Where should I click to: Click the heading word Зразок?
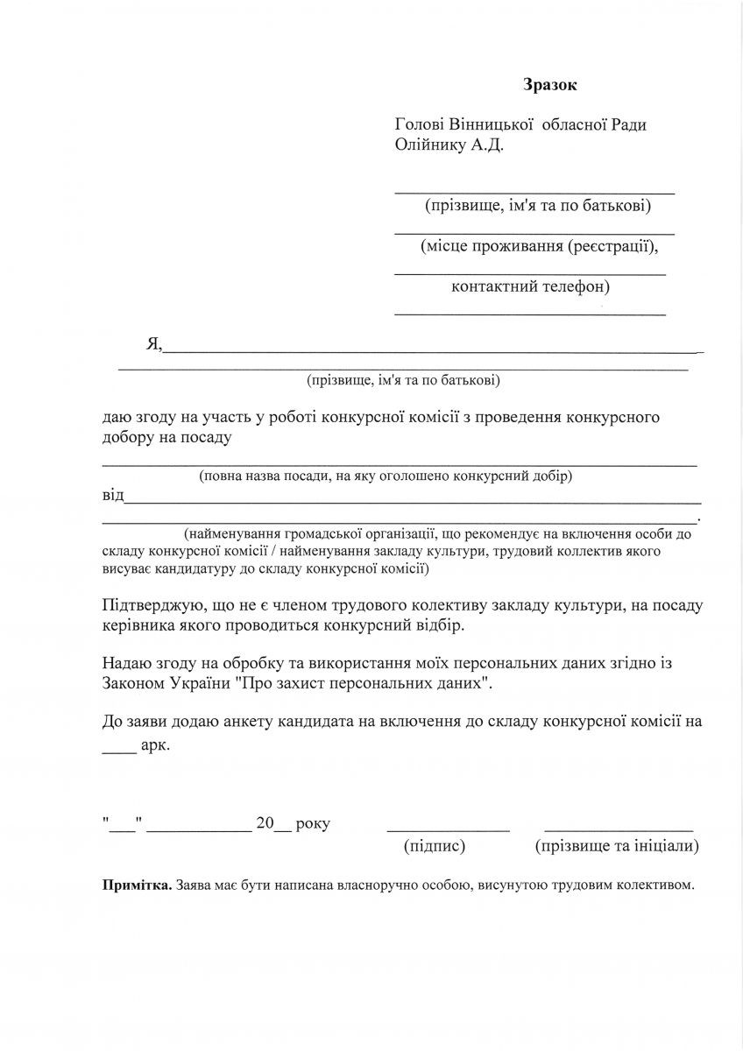point(551,85)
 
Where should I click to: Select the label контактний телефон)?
point(531,286)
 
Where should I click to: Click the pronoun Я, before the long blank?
point(153,344)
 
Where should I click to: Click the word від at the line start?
point(113,497)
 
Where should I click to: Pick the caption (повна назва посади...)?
point(386,476)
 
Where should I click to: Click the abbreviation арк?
point(155,746)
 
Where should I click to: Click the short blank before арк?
point(119,750)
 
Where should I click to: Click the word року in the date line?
point(313,824)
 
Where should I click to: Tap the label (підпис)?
point(434,847)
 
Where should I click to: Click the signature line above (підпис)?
point(448,829)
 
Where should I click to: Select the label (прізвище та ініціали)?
point(616,847)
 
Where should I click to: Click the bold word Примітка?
point(137,885)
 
